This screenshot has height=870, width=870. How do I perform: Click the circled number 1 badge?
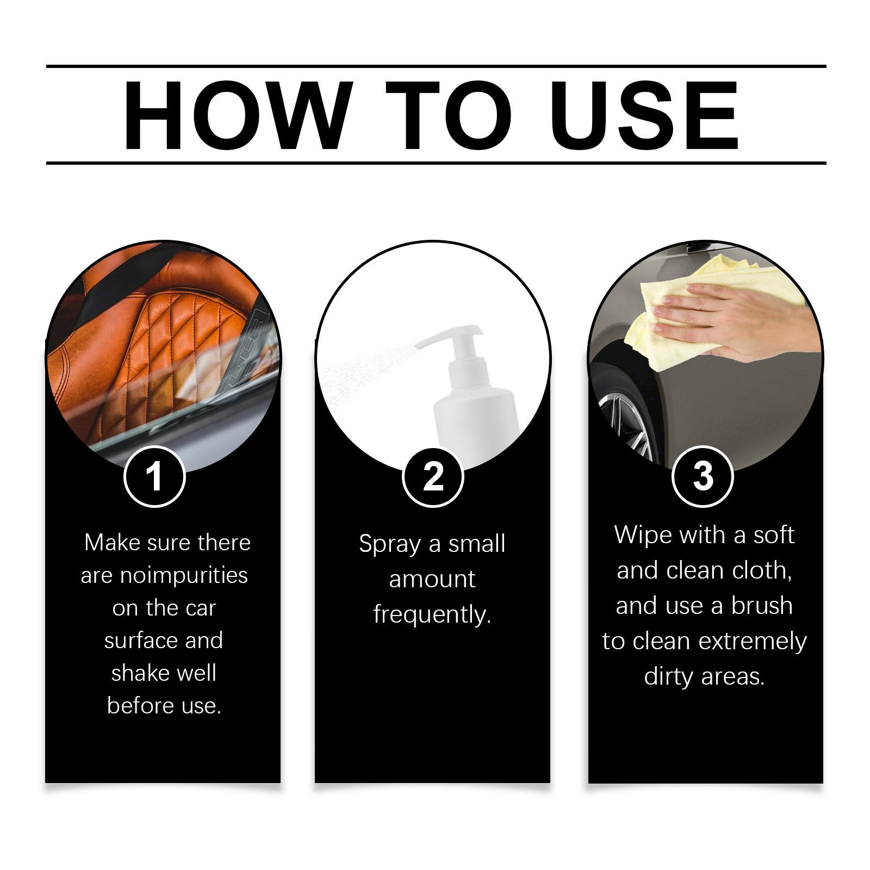pyautogui.click(x=155, y=476)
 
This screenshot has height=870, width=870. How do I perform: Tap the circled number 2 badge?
pyautogui.click(x=433, y=476)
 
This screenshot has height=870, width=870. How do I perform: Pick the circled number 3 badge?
pyautogui.click(x=703, y=476)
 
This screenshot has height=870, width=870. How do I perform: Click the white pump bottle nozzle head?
pyautogui.click(x=451, y=340)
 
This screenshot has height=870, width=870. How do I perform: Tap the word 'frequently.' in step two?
pyautogui.click(x=432, y=615)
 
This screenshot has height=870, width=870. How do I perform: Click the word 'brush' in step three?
pyautogui.click(x=761, y=606)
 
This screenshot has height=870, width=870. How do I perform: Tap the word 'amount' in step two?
pyautogui.click(x=432, y=580)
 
